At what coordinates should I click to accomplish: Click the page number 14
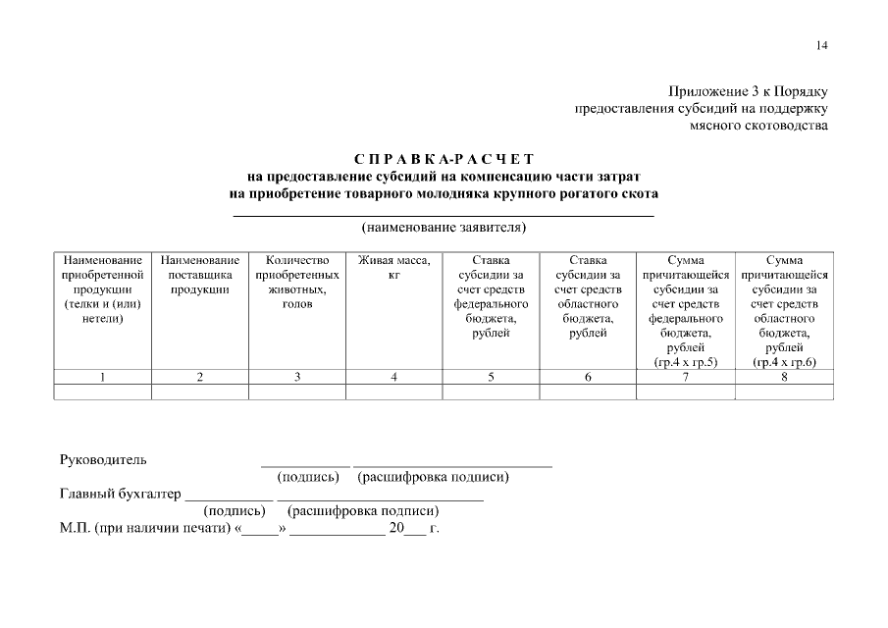point(821,45)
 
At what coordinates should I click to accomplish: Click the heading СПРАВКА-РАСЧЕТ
point(444,159)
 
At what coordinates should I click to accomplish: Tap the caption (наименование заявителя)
point(444,228)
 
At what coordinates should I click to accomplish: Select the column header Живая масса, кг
point(394,268)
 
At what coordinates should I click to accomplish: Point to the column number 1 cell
point(102,377)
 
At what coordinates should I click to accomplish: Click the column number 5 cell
point(492,377)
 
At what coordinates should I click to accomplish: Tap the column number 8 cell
point(784,377)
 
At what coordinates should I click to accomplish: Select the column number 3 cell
point(297,377)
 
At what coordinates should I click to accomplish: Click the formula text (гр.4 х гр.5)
point(686,362)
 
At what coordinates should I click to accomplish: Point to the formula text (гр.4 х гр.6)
point(784,362)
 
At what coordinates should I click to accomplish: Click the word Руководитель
point(103,459)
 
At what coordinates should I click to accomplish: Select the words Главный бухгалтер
point(120,494)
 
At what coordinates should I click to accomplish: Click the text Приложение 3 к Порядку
point(749,90)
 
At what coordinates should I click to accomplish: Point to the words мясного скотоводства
point(758,126)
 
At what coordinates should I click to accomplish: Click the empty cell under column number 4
point(394,392)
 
